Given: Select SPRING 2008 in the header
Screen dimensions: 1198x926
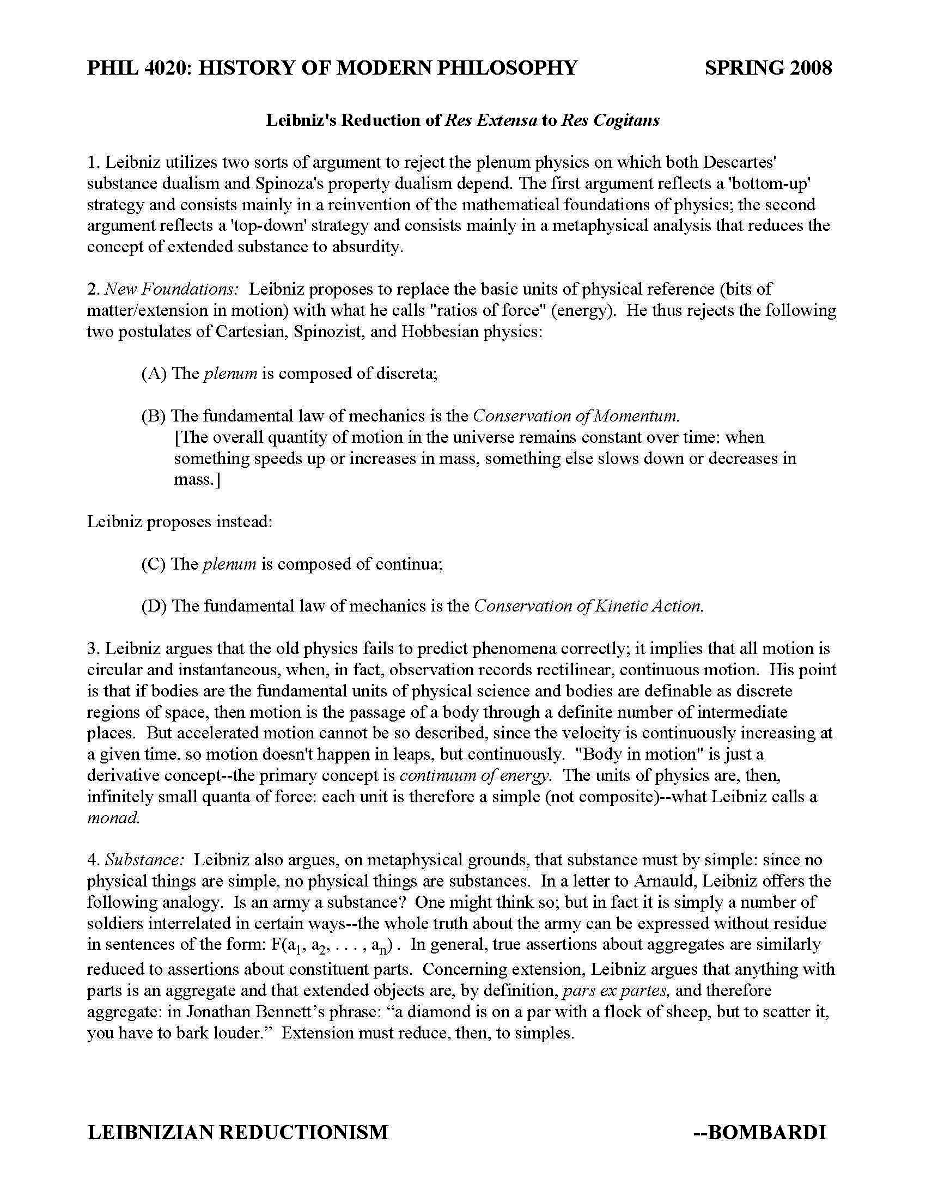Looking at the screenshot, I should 768,68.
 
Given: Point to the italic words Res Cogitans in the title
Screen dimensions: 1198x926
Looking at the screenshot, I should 610,121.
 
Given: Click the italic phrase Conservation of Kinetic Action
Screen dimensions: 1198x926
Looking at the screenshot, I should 589,606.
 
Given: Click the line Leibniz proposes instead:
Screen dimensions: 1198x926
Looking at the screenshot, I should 180,521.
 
